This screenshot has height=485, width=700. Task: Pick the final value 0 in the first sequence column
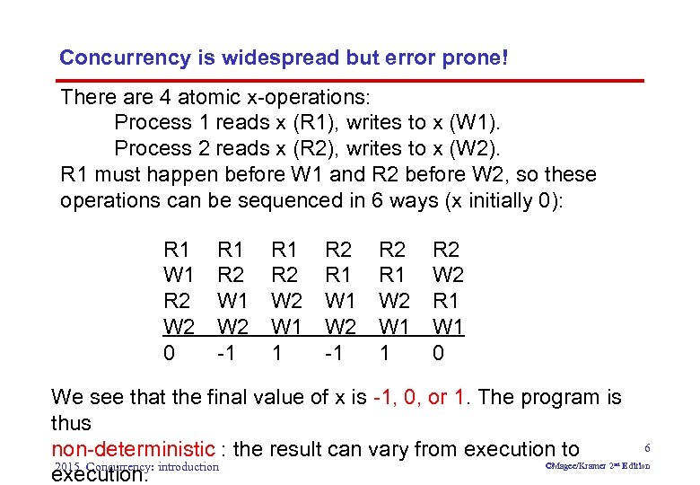169,353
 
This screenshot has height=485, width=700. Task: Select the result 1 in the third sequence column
277,353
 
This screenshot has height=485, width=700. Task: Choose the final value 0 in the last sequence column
438,353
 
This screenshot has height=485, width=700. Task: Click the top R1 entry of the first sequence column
177,249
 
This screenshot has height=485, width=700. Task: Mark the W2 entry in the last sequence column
448,275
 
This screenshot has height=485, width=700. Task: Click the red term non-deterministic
133,448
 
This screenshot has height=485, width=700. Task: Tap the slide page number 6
646,446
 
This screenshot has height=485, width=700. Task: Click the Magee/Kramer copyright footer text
598,466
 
